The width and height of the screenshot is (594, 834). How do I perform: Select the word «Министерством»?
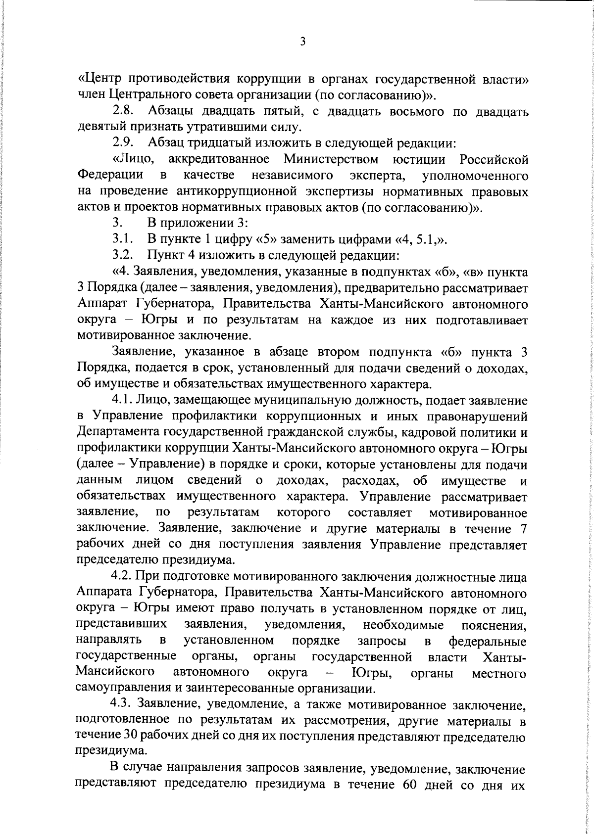331,159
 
